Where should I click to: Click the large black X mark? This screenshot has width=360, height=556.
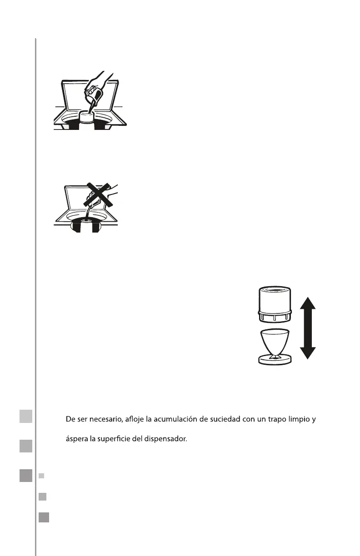click(x=98, y=195)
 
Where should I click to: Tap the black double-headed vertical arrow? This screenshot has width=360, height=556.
click(x=308, y=328)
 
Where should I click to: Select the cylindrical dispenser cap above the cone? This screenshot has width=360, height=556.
click(x=275, y=304)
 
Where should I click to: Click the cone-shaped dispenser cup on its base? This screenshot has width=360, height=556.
click(x=275, y=343)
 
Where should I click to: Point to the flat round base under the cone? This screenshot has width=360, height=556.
click(x=275, y=360)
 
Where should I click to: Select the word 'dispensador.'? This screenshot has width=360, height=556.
click(x=165, y=439)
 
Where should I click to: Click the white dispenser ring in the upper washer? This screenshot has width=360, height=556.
click(x=86, y=117)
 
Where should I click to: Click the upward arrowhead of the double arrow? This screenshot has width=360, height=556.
click(x=308, y=303)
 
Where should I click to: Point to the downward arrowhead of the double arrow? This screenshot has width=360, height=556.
click(x=308, y=353)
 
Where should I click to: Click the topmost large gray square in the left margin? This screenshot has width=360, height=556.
click(x=26, y=416)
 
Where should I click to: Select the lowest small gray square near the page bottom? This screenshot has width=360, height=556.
click(x=44, y=517)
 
